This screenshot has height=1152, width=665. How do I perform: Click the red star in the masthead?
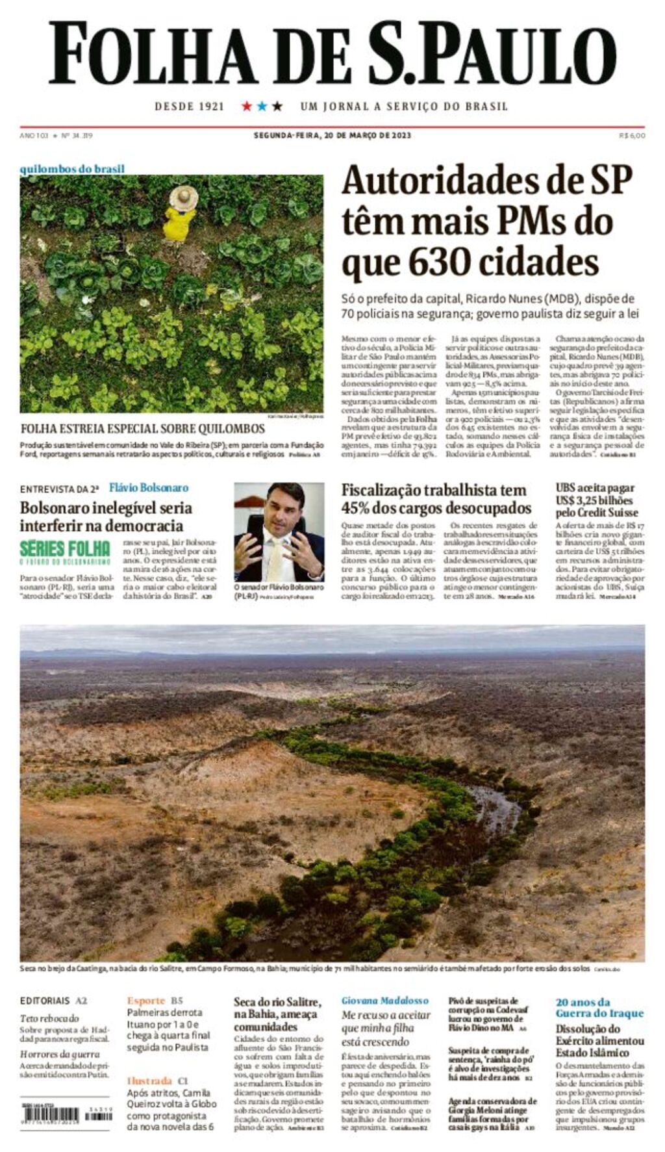coord(247,106)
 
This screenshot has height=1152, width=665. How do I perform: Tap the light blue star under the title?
coord(262,106)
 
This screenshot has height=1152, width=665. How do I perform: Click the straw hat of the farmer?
coord(183,198)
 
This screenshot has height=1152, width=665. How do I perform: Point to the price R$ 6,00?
coord(632,136)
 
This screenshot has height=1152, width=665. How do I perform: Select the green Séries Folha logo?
coord(65,551)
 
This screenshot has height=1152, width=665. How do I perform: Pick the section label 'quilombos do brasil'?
coord(72,169)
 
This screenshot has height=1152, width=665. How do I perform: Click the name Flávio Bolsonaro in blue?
coord(149,487)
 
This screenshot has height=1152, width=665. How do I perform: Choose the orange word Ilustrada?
coord(149,1081)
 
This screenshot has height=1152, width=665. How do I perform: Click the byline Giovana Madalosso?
coord(385,1001)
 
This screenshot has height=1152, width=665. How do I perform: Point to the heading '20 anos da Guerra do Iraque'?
coord(599,1007)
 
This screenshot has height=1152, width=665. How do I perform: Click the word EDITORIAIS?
coord(45,1001)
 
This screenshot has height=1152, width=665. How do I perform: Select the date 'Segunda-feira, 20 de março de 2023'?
coord(332,136)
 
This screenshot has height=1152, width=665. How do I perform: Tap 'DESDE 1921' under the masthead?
coord(189,107)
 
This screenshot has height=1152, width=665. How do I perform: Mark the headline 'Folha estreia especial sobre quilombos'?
coord(143,429)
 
